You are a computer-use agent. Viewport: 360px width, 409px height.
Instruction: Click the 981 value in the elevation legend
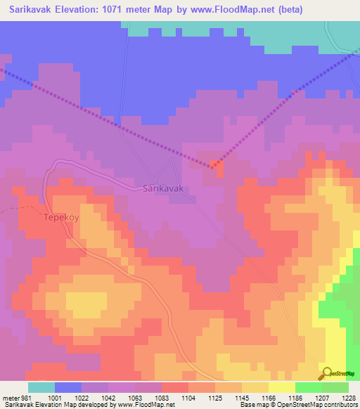tap(26, 398)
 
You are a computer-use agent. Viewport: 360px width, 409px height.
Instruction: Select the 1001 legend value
tap(55, 398)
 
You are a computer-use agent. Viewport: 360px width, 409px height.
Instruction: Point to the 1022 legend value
tap(82, 398)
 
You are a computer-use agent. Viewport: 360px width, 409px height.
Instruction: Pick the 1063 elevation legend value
tap(135, 398)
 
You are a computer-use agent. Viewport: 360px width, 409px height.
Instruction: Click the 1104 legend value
tap(188, 398)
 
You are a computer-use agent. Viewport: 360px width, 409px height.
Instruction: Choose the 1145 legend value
tap(242, 398)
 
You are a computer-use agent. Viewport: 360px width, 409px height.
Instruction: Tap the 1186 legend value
tap(295, 398)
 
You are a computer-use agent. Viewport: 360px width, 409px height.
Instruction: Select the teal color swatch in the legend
tap(41, 387)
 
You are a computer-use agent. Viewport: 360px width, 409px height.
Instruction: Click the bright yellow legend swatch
tap(282, 387)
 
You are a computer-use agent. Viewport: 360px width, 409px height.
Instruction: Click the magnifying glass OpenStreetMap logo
tap(327, 374)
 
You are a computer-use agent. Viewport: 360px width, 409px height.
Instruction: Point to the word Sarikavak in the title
tap(34, 9)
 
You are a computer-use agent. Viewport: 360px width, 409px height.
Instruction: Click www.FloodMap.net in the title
tap(243, 9)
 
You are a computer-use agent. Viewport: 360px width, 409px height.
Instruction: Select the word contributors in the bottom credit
tap(340, 405)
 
